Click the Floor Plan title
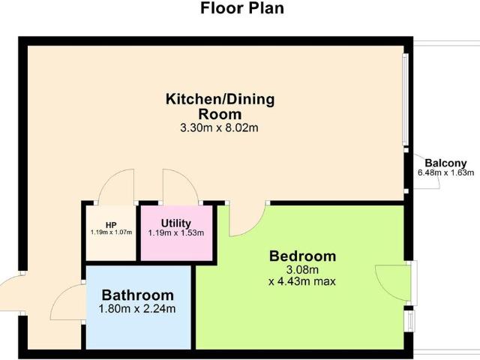point(241,10)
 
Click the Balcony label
point(445,163)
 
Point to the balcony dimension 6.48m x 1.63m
point(445,172)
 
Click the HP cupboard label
point(111,225)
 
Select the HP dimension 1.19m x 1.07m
point(111,232)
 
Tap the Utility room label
point(176,223)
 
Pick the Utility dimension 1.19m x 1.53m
point(177,233)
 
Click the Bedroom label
point(302,256)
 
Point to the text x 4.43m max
point(302,281)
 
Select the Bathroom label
point(138,295)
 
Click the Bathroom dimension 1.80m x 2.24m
point(138,308)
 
